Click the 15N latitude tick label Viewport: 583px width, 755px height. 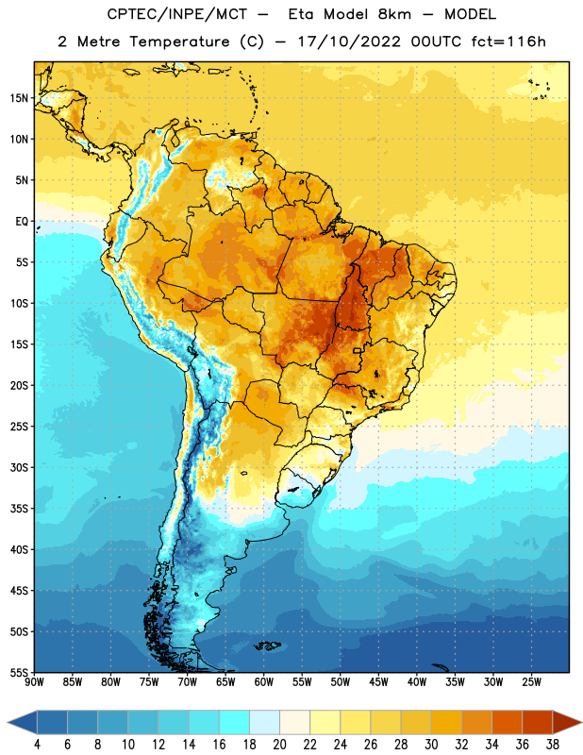19,98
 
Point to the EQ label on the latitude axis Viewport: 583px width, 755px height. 22,222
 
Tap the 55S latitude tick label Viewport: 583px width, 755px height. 19,672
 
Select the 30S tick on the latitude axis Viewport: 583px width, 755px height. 19,467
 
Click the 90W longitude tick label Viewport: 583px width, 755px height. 34,682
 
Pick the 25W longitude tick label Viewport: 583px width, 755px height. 531,682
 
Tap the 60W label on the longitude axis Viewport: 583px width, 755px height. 264,682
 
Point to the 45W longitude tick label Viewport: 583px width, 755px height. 379,682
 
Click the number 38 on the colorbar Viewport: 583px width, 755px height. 552,745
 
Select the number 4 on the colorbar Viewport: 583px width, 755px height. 37,745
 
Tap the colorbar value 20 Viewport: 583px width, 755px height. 279,745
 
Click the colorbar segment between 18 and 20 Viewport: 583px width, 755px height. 264,723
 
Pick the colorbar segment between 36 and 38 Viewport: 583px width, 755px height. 538,723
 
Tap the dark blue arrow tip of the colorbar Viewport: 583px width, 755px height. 8,723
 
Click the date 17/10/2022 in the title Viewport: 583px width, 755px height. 348,42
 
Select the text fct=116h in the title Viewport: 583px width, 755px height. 508,42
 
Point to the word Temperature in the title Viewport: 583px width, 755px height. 179,42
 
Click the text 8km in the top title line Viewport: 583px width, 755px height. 394,14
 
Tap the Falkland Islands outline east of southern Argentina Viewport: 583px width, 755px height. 267,646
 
